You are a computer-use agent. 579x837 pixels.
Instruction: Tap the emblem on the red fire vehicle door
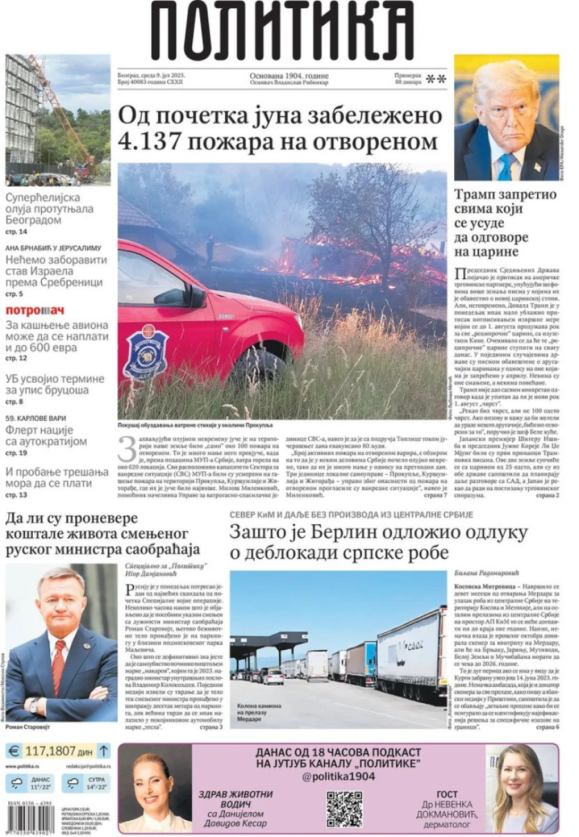pos(146,352)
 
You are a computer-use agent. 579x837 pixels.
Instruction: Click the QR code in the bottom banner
pos(344,808)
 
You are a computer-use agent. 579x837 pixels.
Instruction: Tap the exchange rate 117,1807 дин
pos(59,751)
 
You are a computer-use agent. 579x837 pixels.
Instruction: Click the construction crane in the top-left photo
pos(64,109)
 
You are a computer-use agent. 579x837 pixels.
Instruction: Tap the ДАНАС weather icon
pos(17,783)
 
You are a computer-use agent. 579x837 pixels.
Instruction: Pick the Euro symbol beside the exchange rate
pos(14,751)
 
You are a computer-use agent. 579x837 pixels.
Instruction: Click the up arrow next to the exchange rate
pos(104,751)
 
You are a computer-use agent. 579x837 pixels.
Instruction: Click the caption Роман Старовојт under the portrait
pos(28,726)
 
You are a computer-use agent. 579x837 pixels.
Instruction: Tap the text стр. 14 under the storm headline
pos(17,232)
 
